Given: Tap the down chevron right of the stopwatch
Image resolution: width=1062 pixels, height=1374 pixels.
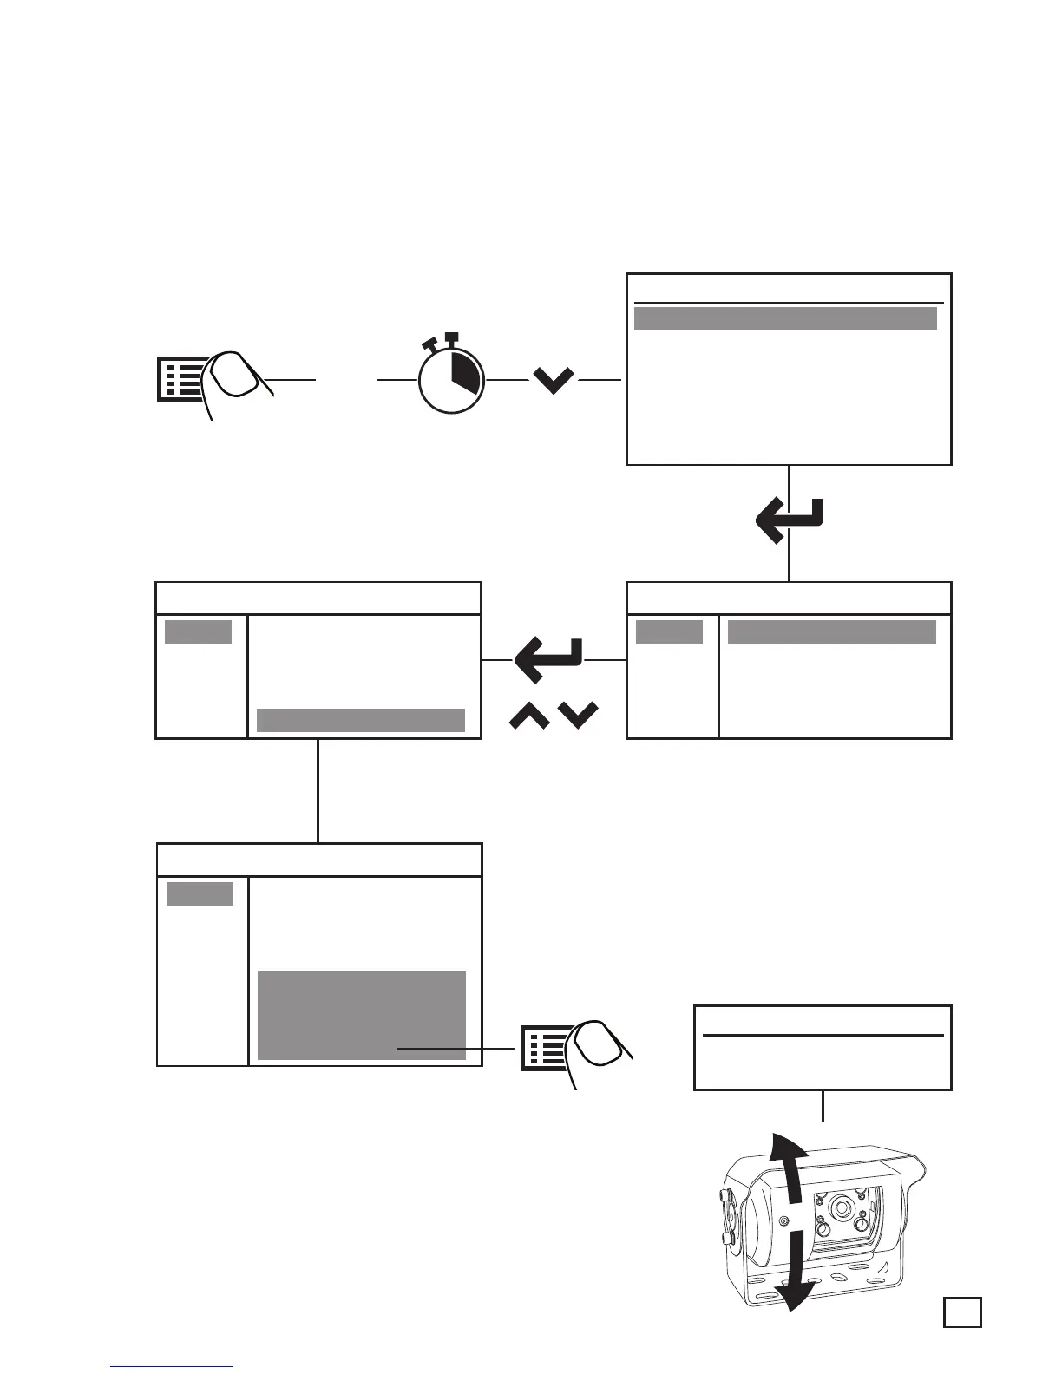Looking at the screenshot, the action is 554,380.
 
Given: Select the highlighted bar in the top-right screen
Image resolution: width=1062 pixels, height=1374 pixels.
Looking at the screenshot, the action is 785,318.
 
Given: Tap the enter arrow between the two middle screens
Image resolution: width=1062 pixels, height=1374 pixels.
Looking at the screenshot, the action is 548,660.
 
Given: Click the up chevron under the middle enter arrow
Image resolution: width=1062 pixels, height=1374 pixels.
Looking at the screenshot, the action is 529,716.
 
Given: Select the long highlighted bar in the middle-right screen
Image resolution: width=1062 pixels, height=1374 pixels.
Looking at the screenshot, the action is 831,631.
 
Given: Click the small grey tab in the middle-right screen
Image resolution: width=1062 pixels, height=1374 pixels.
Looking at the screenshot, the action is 669,631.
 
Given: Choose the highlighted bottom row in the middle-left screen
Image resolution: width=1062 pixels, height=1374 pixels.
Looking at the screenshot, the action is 361,720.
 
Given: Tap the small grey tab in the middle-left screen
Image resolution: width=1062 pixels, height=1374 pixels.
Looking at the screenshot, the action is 198,631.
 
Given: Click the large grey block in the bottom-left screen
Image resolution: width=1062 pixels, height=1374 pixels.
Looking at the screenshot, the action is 362,1015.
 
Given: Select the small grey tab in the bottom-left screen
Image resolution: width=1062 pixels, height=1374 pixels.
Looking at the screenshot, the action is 200,893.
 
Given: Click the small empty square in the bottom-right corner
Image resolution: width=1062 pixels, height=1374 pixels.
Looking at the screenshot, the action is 963,1312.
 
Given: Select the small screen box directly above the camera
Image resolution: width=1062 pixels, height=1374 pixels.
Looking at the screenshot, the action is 823,1047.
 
